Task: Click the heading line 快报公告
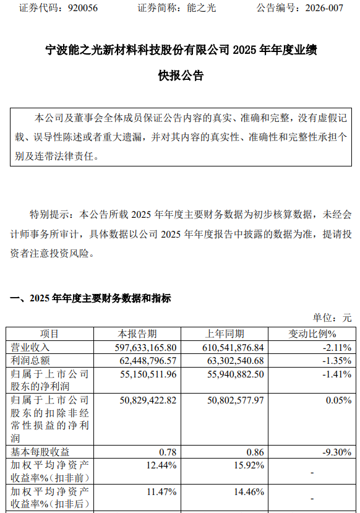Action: pos(181,76)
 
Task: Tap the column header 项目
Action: pos(49,334)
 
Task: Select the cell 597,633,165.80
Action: pos(140,347)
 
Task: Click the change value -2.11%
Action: pos(338,347)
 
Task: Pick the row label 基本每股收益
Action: pos(40,452)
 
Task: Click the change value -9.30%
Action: pos(338,452)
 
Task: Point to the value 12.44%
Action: pos(163,465)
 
